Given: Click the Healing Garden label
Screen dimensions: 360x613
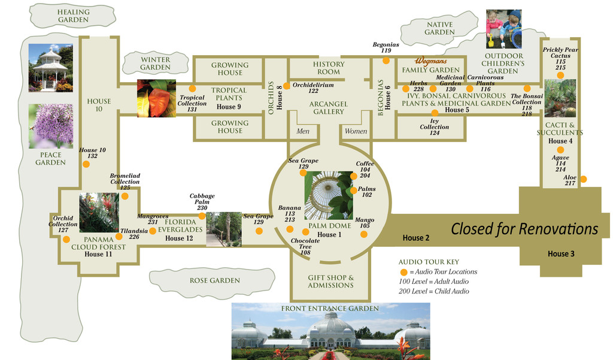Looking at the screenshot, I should (74, 16).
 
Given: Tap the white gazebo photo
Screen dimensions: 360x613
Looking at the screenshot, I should (51, 68).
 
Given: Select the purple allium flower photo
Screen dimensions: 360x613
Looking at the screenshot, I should (51, 126).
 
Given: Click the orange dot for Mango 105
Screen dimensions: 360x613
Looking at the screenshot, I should (364, 234).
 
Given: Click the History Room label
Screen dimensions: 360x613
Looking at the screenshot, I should (329, 68).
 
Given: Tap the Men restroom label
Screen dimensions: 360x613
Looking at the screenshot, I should (303, 131).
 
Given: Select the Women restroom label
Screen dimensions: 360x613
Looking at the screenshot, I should (356, 131).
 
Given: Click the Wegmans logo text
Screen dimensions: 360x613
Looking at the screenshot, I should (431, 62).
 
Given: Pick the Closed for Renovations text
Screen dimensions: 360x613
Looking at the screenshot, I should (524, 229).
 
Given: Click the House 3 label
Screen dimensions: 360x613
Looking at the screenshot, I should (561, 254).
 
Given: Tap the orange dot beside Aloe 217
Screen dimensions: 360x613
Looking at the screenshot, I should (584, 179).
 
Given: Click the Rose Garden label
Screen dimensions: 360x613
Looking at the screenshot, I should (214, 280).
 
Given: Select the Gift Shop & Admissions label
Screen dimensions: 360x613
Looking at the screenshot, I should (330, 282).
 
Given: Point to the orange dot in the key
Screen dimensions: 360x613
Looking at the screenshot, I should (403, 272).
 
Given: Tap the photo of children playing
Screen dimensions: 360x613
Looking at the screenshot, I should (503, 29).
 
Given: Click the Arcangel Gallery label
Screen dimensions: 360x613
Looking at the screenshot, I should (329, 108).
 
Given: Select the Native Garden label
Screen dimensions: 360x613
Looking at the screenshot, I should (439, 28).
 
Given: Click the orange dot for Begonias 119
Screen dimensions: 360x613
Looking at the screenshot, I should (386, 60).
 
